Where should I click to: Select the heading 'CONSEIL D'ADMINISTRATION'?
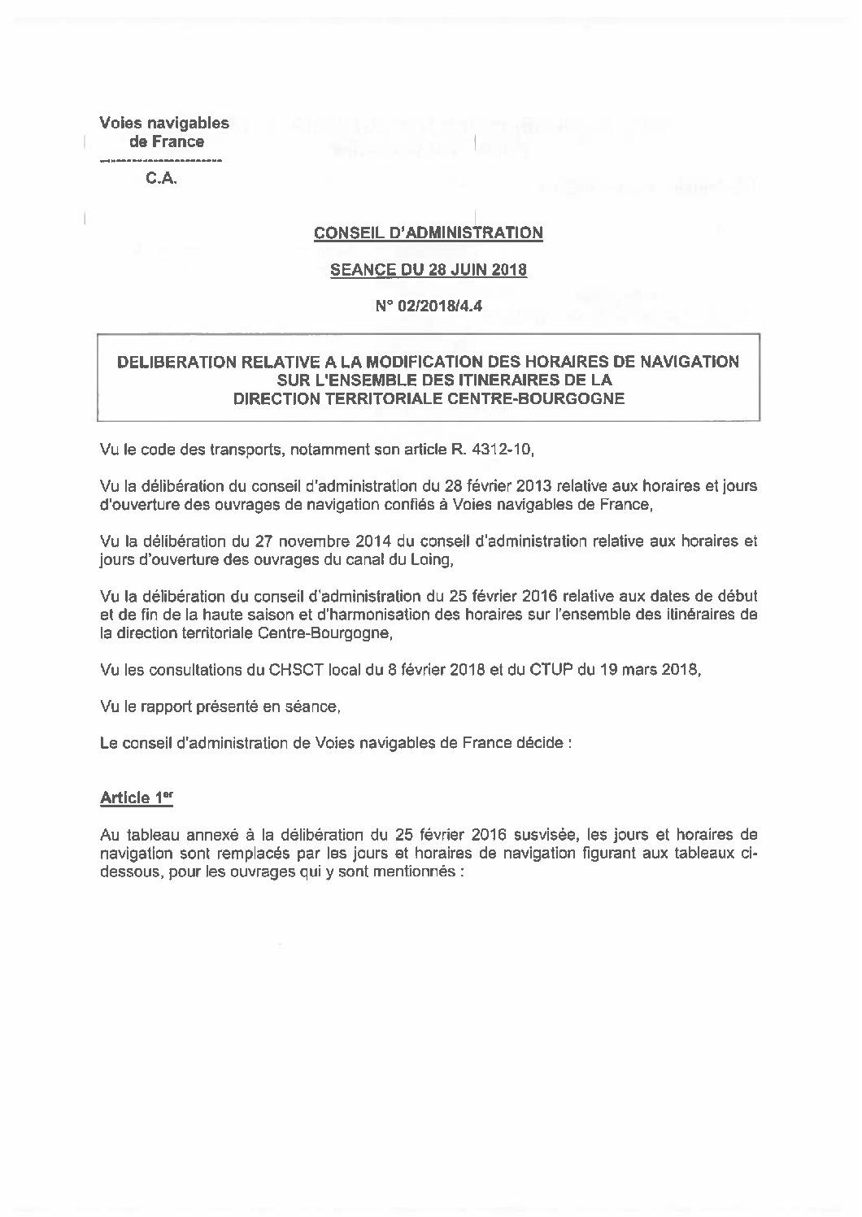coord(429,233)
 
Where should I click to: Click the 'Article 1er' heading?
coord(137,798)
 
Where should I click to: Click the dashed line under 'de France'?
coord(160,161)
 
